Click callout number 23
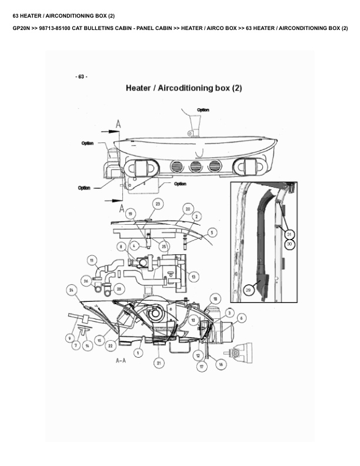[x=158, y=203]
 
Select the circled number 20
[x=187, y=208]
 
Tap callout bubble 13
[x=194, y=277]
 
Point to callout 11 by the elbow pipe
[x=92, y=259]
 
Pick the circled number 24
[x=71, y=290]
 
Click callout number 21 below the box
[x=159, y=363]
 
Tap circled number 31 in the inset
[x=289, y=234]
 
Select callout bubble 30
[x=289, y=243]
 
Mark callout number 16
[x=221, y=364]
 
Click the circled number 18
[x=215, y=298]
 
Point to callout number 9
[x=69, y=338]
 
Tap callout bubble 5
[x=212, y=232]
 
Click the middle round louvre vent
[x=195, y=167]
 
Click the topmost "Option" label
[x=203, y=109]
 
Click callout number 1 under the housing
[x=138, y=352]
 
